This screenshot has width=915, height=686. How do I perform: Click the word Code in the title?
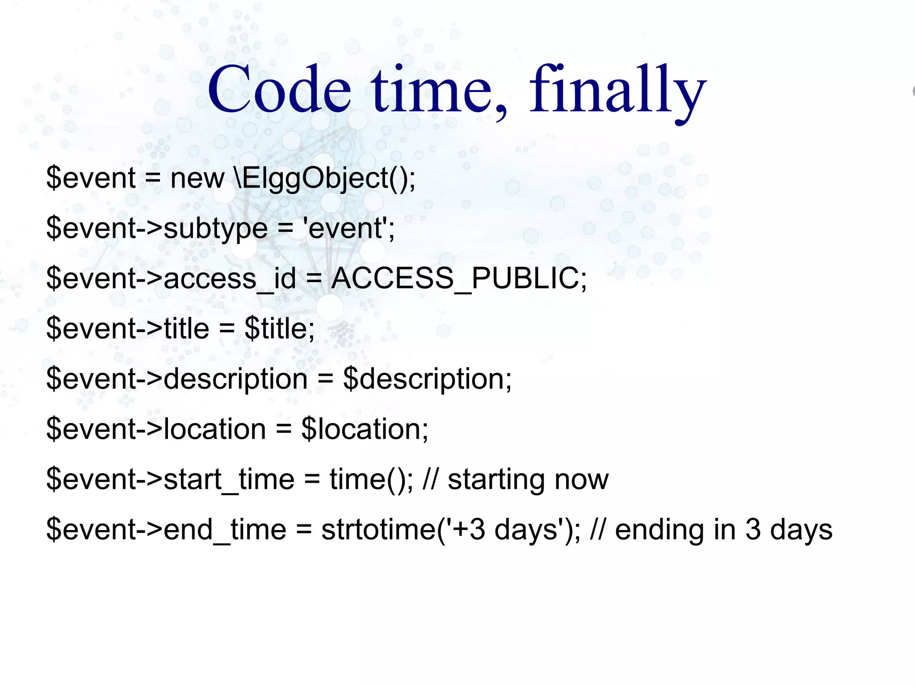[279, 89]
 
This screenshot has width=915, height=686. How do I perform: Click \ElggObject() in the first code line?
[324, 178]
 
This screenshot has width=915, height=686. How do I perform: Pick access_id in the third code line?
[230, 278]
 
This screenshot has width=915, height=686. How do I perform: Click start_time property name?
[229, 479]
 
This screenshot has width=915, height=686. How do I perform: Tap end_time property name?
[225, 530]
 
